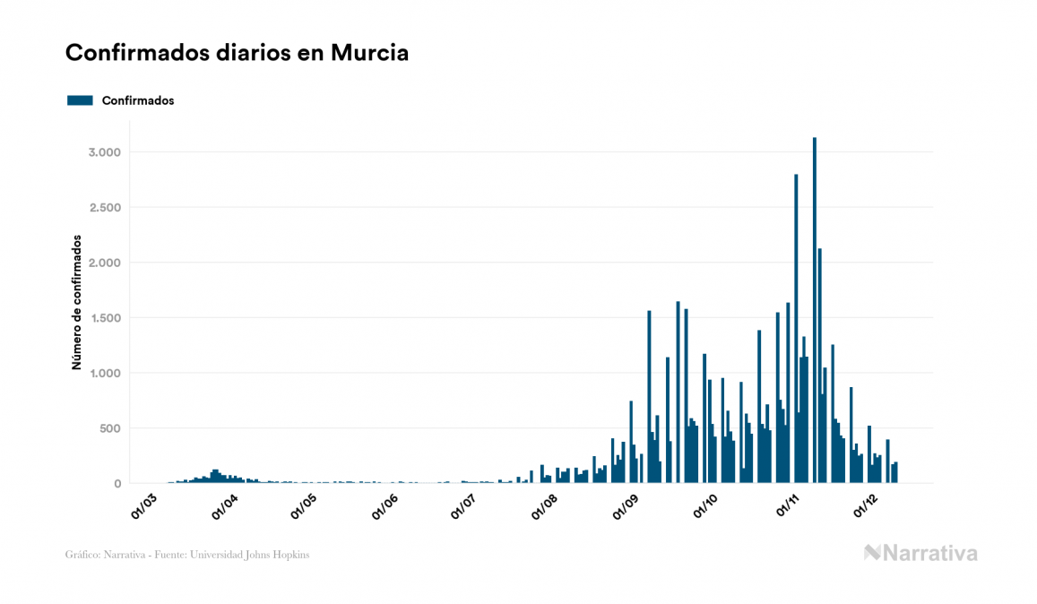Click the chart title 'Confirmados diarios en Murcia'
237,53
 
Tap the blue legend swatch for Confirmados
80,100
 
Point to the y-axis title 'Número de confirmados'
77,303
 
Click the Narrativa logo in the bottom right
920,553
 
